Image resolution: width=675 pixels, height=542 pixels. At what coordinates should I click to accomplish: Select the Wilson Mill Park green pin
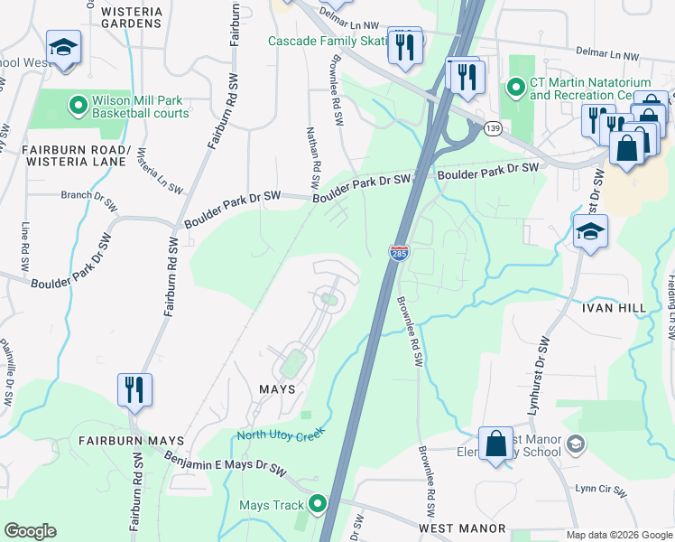click(x=78, y=106)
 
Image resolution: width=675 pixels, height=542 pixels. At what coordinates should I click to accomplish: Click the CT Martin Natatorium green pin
click(x=516, y=88)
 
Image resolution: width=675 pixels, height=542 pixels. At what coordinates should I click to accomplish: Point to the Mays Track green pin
click(x=317, y=504)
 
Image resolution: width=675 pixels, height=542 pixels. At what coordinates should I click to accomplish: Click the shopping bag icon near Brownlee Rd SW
click(x=495, y=444)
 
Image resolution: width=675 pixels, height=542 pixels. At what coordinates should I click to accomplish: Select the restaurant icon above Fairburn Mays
click(x=135, y=390)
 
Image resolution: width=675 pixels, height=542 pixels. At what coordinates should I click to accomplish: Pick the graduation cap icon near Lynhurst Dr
click(x=590, y=233)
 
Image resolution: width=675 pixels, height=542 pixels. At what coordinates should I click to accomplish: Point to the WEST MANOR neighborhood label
click(x=456, y=526)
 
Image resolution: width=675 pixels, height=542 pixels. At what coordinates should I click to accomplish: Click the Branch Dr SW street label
click(x=88, y=194)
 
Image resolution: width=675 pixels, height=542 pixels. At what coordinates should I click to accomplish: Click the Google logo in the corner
click(x=31, y=531)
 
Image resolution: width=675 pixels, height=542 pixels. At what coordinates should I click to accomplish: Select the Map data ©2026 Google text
click(x=618, y=535)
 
